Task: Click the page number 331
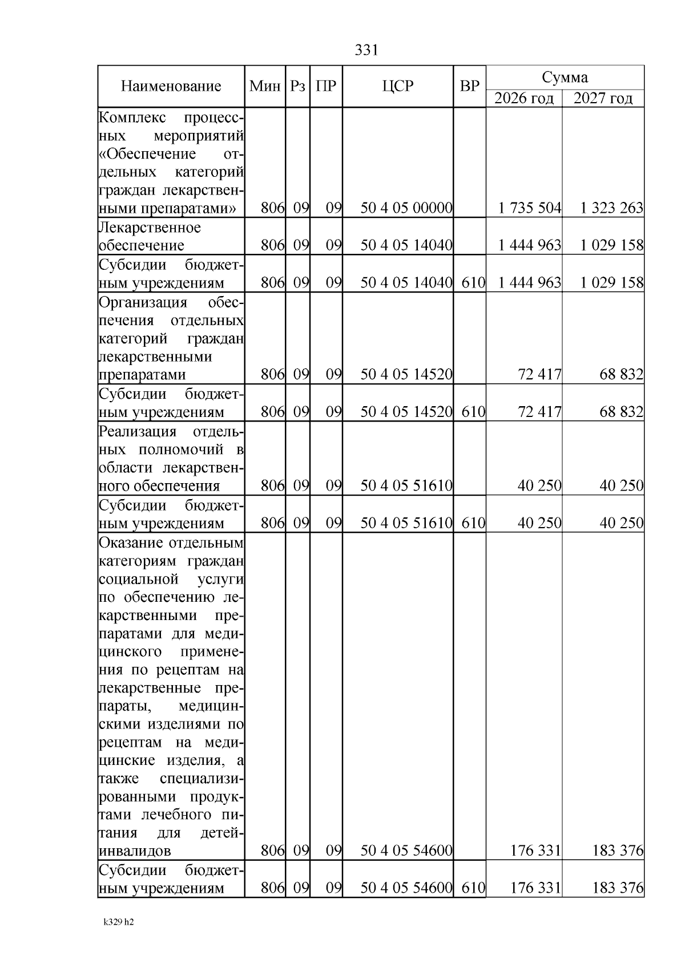366,50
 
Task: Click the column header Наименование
171,86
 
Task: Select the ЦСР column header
397,86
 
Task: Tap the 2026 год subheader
523,99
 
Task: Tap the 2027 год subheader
603,99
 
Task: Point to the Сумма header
565,77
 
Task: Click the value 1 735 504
530,208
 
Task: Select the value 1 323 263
611,208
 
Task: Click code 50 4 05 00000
406,208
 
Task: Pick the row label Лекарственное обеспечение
150,236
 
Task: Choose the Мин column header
265,86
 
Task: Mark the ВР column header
469,86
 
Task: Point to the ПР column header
326,86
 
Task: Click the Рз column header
297,86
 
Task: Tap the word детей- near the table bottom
222,833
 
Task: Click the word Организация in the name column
143,302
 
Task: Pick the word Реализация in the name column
137,431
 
